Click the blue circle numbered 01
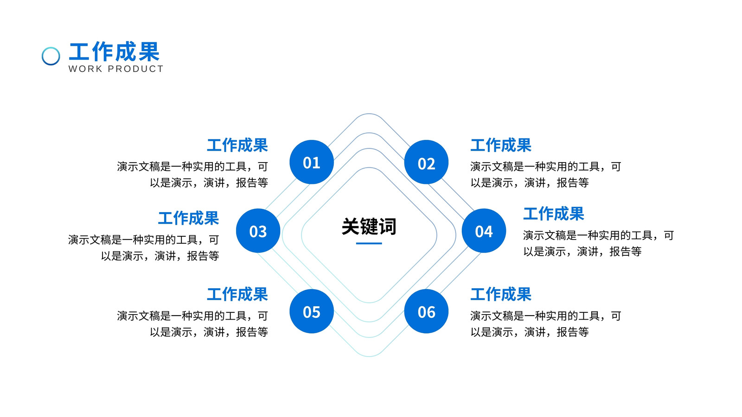[311, 162]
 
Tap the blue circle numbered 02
[426, 162]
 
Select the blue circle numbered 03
[258, 231]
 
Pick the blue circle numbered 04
[484, 231]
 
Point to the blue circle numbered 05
[311, 311]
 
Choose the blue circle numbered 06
[426, 311]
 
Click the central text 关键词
[369, 227]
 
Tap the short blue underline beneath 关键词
[369, 243]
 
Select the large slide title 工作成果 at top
[114, 52]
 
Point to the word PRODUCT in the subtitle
[136, 69]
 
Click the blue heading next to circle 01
[237, 145]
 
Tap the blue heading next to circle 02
[501, 145]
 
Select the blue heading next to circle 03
[188, 218]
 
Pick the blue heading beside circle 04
[554, 214]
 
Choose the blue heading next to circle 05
[237, 294]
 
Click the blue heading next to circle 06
[501, 294]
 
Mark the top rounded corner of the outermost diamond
[369, 114]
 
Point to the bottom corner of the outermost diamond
[369, 356]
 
